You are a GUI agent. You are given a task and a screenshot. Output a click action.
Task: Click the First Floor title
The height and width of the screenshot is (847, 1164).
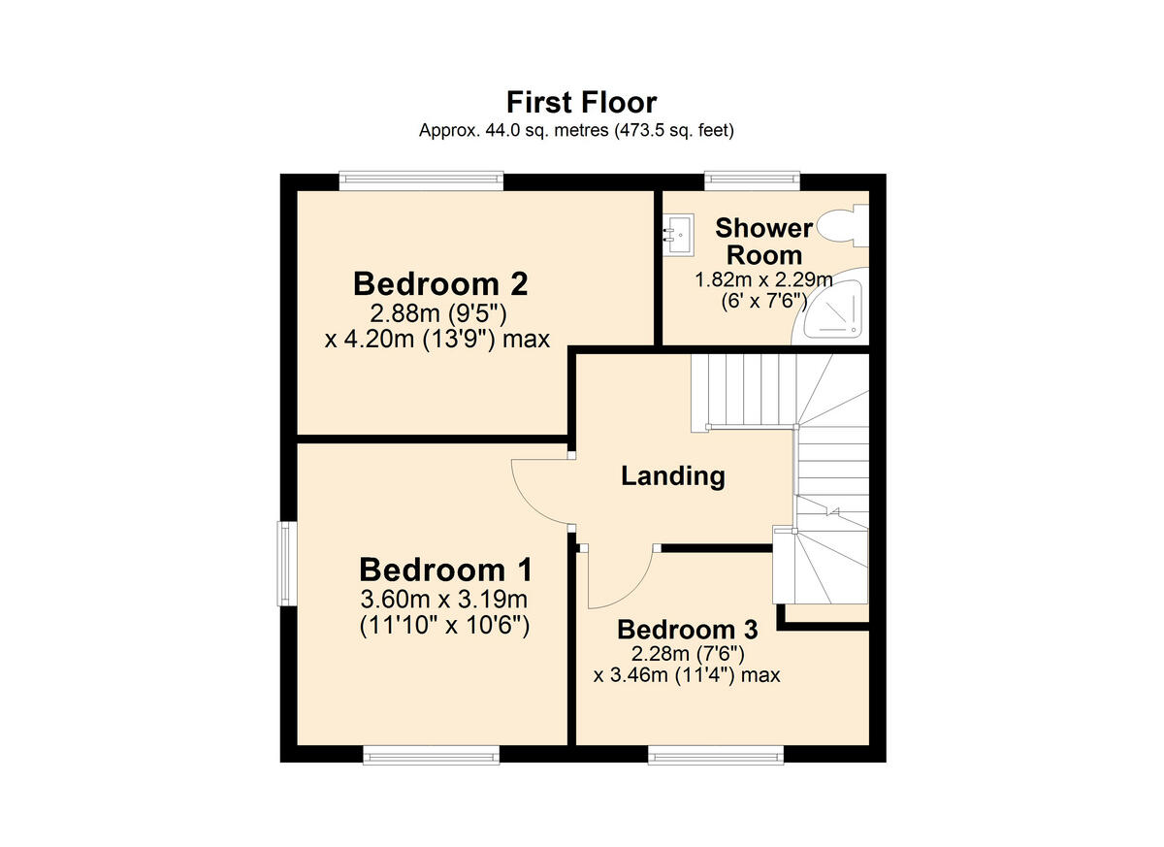pos(581,102)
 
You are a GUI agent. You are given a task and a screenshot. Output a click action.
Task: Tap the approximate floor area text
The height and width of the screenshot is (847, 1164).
pos(576,130)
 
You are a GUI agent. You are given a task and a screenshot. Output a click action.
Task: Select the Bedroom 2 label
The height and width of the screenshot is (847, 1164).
pos(440,284)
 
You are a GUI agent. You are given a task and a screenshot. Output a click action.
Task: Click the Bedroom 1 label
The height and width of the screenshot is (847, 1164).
pos(445,570)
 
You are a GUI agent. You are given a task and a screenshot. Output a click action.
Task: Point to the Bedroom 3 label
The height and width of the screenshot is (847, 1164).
pos(687,629)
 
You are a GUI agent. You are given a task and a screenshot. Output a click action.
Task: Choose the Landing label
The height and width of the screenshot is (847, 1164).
pos(673,476)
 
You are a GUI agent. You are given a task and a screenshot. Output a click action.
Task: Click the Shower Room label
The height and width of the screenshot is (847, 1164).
pos(764,242)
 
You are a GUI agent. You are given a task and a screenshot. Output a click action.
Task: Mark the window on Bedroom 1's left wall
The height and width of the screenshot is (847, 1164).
pos(287,564)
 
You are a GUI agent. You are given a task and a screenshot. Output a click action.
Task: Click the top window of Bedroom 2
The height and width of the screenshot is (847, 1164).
pos(421,181)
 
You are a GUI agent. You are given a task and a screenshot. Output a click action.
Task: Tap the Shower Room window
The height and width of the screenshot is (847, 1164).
pos(752,181)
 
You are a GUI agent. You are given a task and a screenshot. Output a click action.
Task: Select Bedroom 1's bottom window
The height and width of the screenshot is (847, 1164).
pos(432,754)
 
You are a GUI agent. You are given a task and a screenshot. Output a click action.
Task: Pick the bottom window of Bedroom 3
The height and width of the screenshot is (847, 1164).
pos(715,754)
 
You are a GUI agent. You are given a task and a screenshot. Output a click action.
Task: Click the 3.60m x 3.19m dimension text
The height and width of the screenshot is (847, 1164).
pos(445,598)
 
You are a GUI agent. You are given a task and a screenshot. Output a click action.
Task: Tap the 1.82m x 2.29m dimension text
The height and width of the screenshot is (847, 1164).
pos(763,279)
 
